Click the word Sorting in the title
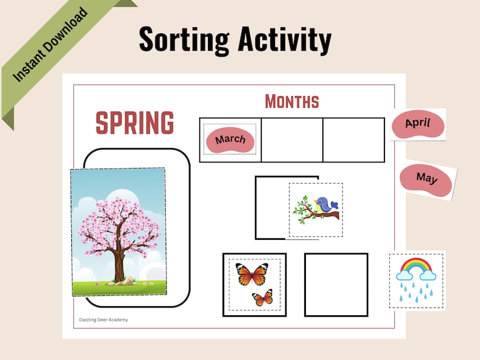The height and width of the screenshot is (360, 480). pyautogui.click(x=184, y=40)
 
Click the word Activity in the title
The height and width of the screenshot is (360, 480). pyautogui.click(x=284, y=40)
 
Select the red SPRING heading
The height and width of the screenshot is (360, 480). pyautogui.click(x=135, y=123)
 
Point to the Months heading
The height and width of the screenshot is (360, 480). pyautogui.click(x=291, y=101)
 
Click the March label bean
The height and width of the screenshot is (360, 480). pyautogui.click(x=230, y=140)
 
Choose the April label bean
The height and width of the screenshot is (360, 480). pyautogui.click(x=418, y=123)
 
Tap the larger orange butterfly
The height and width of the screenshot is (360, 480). pyautogui.click(x=251, y=275)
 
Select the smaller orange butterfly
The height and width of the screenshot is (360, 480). pyautogui.click(x=262, y=297)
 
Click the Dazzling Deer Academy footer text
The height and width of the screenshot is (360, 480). pyautogui.click(x=103, y=320)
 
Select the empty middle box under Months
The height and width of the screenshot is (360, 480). pyautogui.click(x=292, y=140)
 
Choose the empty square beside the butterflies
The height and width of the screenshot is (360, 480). pyautogui.click(x=336, y=284)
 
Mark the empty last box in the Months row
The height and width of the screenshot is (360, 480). pyautogui.click(x=354, y=140)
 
